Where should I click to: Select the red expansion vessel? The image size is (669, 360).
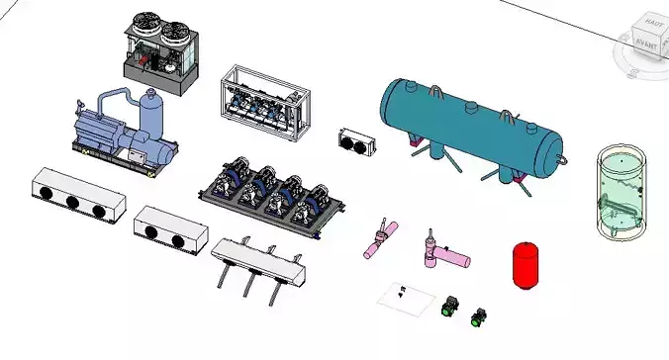tap(525, 264)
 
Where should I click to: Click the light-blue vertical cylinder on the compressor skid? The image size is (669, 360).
tap(151, 115)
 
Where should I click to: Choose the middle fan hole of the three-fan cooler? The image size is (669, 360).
tap(72, 203)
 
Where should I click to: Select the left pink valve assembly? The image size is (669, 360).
tap(378, 240)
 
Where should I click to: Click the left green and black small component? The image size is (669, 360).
tap(448, 306)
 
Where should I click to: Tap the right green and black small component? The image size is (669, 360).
tap(480, 315)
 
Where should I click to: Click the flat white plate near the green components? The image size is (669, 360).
tap(406, 297)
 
